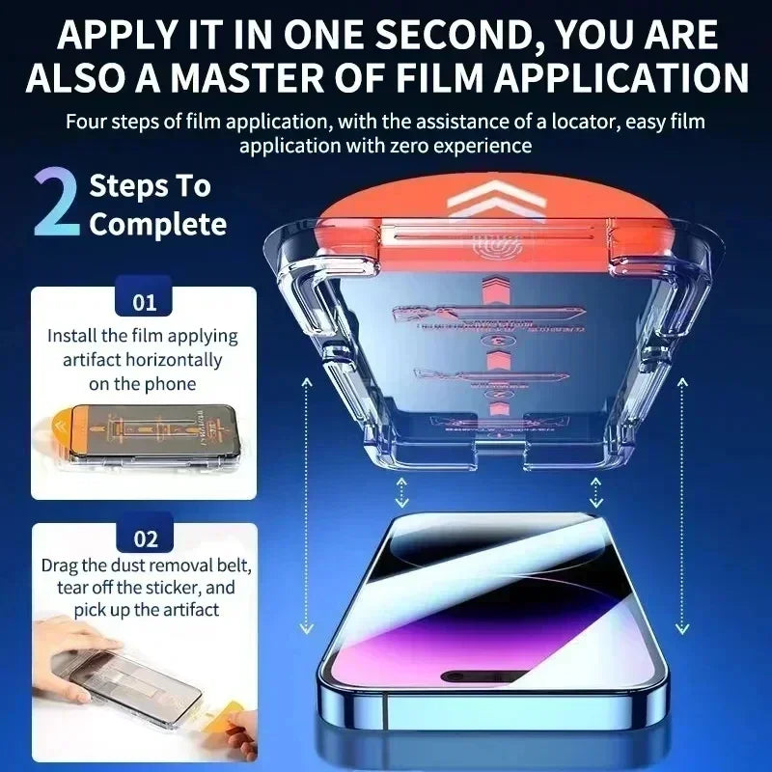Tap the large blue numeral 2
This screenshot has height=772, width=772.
56,203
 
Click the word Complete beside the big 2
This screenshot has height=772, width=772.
158,225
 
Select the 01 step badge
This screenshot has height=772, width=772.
144,302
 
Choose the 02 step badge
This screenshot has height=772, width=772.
144,538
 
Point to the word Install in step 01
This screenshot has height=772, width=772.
74,336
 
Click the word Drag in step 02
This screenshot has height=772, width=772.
61,565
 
